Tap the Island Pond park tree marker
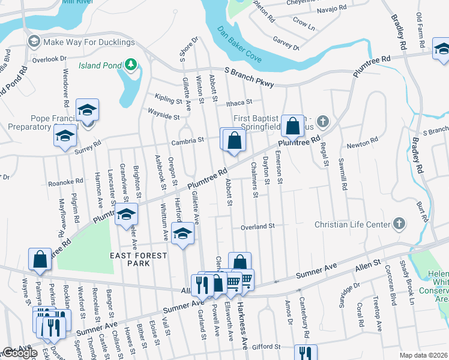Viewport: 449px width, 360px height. click(129, 64)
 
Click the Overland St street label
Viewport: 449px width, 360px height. click(257, 227)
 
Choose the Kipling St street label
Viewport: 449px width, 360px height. click(167, 97)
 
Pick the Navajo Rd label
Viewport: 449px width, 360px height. click(333, 8)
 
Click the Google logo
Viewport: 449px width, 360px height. click(20, 353)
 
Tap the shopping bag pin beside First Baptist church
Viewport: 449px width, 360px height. click(292, 126)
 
